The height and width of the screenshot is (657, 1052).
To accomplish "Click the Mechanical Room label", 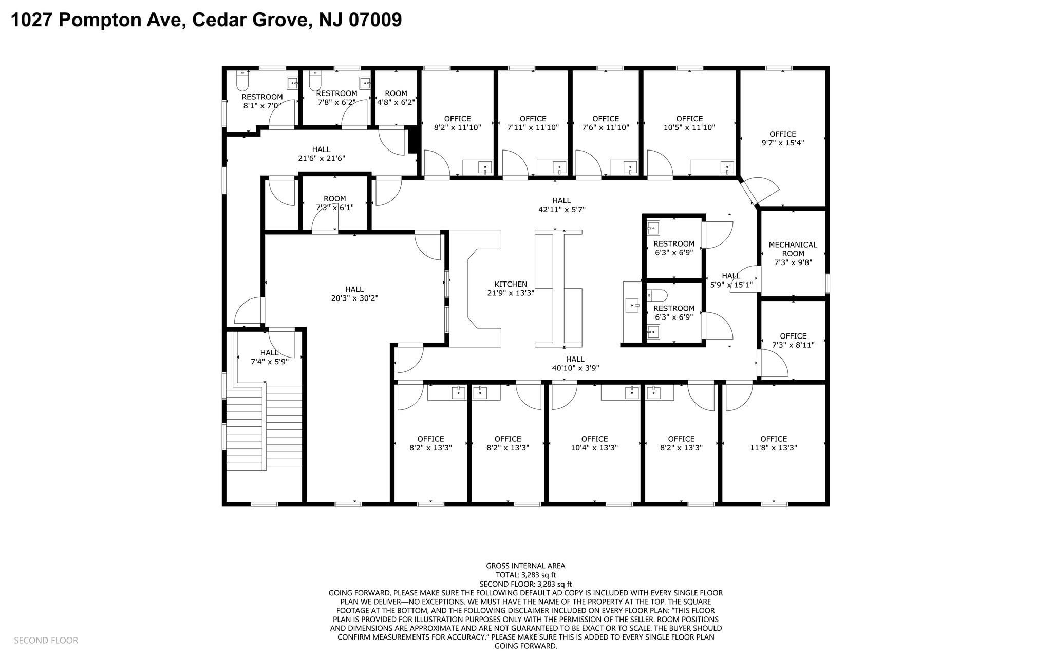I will pos(793,249).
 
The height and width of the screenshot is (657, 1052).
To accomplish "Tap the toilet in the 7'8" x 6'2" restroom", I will pos(315,80).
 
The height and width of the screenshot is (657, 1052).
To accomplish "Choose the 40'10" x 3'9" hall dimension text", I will pos(575,368).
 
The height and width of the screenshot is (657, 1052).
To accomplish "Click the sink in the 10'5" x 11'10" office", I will pos(727,167).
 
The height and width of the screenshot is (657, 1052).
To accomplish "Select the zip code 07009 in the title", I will pos(375,20).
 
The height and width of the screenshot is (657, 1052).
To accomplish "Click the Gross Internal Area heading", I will pos(525,566).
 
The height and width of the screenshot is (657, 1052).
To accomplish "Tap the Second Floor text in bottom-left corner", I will pos(46,640).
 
